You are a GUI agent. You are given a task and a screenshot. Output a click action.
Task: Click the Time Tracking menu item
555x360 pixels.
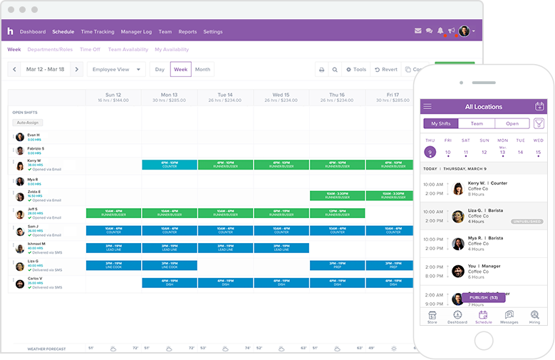[98, 31]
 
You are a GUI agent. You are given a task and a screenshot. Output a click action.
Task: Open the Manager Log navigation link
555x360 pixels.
[136, 31]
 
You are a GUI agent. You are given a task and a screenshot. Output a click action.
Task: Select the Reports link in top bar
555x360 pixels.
[187, 31]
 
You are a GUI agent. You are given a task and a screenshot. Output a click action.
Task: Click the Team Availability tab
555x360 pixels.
[128, 50]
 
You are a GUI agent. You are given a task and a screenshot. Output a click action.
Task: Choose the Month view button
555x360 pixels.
[202, 70]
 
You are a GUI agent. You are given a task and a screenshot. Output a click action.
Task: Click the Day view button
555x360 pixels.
[160, 70]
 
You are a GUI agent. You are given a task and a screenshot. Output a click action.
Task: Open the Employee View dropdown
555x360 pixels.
[116, 70]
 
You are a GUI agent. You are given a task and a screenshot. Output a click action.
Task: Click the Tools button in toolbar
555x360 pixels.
[356, 70]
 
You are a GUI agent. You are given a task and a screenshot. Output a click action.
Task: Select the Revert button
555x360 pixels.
[385, 70]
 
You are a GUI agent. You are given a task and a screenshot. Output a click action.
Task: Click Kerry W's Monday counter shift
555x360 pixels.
[170, 165]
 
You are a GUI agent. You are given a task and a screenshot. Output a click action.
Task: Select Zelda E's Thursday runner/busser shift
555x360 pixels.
[337, 195]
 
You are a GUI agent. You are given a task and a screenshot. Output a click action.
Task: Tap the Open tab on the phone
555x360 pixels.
[512, 123]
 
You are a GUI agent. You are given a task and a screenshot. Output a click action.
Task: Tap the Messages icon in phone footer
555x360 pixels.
[509, 317]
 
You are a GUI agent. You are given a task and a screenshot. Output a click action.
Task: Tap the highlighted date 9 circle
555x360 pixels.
[430, 152]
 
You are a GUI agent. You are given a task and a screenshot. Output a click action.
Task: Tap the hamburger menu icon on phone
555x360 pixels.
[427, 107]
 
